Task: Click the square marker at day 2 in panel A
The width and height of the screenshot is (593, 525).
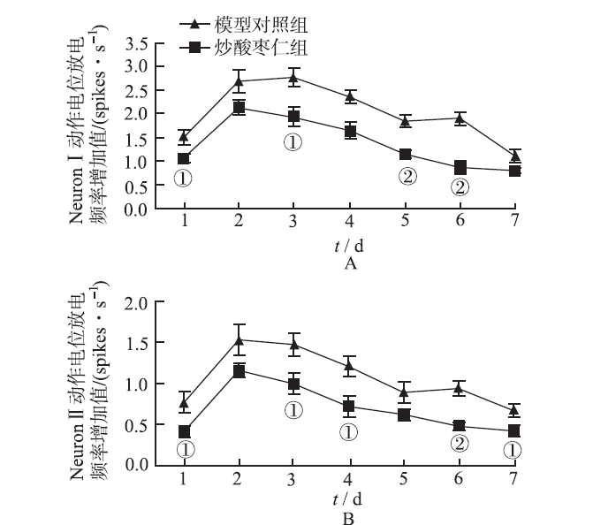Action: click(239, 108)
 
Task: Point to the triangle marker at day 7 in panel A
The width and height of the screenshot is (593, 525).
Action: click(515, 156)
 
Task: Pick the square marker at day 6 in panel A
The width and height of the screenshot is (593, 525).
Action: click(460, 167)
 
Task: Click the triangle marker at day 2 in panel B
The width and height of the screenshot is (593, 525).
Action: click(239, 339)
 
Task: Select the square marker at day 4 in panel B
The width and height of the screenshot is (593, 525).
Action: click(350, 407)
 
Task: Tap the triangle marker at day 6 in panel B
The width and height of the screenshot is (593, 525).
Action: click(460, 387)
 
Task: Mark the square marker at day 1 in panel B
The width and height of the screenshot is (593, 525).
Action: click(184, 432)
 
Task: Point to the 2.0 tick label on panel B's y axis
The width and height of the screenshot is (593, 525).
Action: click(136, 303)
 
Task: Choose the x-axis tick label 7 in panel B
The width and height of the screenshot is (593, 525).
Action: click(515, 477)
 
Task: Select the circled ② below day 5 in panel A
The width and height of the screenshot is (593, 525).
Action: click(407, 176)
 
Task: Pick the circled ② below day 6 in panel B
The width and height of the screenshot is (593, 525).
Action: click(460, 444)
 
